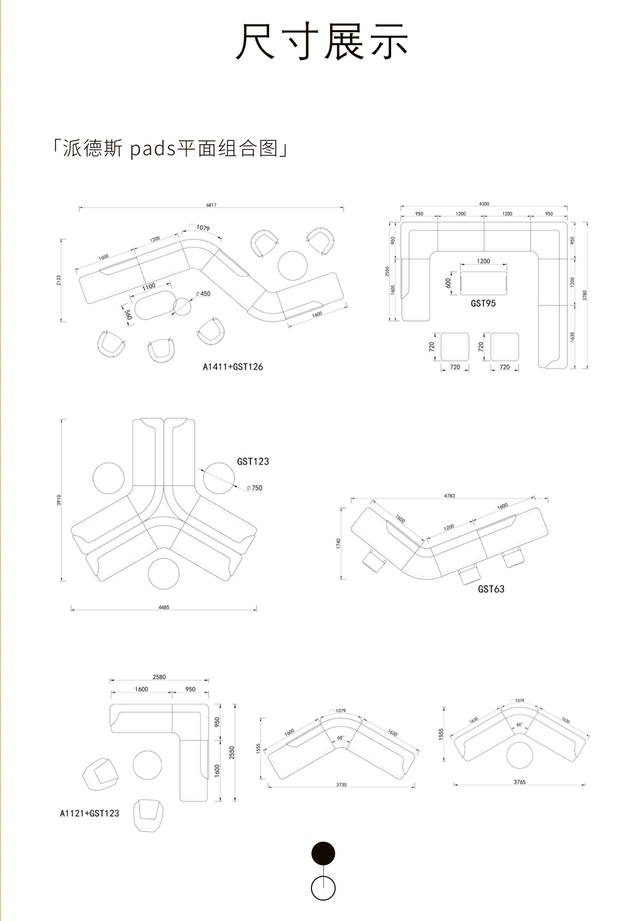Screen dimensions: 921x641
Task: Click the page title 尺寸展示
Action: click(322, 42)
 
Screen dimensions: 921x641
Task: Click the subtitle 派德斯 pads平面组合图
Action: click(169, 149)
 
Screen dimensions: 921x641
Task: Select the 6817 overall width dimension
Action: click(211, 205)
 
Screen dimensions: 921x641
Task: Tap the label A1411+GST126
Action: click(233, 366)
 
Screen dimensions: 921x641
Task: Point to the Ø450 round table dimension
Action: click(203, 293)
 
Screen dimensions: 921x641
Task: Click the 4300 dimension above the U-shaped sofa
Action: click(484, 204)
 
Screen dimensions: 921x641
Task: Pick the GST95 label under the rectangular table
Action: click(483, 303)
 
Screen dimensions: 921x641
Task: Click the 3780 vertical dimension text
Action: click(585, 295)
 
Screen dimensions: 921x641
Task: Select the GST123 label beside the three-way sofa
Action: click(253, 461)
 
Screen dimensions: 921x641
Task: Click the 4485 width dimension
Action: click(164, 608)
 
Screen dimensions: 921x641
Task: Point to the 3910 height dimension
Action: click(59, 500)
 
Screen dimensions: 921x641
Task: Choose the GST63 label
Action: click(491, 589)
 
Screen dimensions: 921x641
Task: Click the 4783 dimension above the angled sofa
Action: click(449, 496)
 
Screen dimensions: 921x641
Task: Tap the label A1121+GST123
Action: click(89, 813)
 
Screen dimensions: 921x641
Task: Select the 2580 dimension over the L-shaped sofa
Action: click(159, 677)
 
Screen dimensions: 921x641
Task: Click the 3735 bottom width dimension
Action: click(341, 785)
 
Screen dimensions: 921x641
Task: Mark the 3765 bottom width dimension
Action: click(519, 782)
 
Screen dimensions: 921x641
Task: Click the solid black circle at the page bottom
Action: click(323, 853)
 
